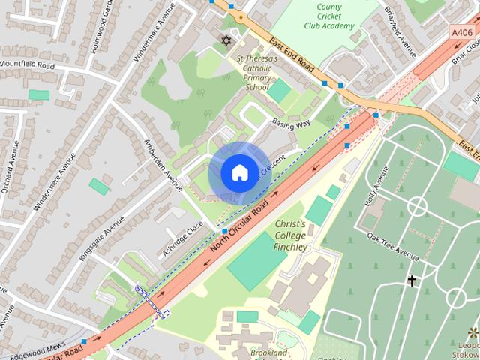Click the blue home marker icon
coord(239,173)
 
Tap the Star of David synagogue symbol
coord(226,40)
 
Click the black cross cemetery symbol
coord(412,280)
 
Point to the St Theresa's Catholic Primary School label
coord(256,73)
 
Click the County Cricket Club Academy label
coord(329,16)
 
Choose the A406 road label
coord(463,31)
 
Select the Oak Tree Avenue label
coord(392,244)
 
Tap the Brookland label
coord(269,353)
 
